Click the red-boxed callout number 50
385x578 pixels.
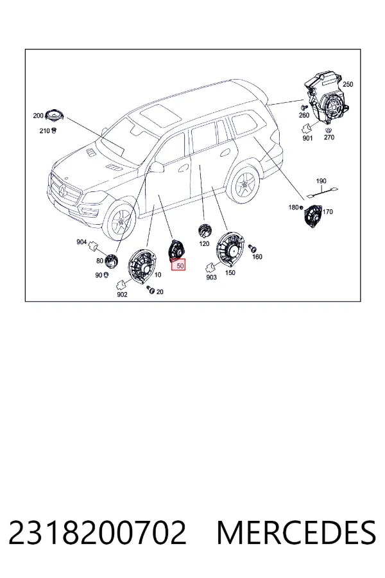pos(180,265)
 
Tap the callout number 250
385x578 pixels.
pos(348,84)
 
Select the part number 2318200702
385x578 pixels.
pos(98,532)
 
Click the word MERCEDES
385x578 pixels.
pos(296,532)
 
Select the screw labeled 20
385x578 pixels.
pos(150,290)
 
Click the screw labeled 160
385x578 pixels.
pos(252,248)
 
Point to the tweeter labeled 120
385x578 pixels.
pos(204,231)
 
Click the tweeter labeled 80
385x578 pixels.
pos(111,261)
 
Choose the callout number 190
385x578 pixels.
pos(321,181)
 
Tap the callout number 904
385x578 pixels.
pos(81,242)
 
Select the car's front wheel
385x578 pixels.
pos(121,220)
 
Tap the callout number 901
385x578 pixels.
pos(307,138)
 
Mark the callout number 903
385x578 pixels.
pos(211,277)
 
